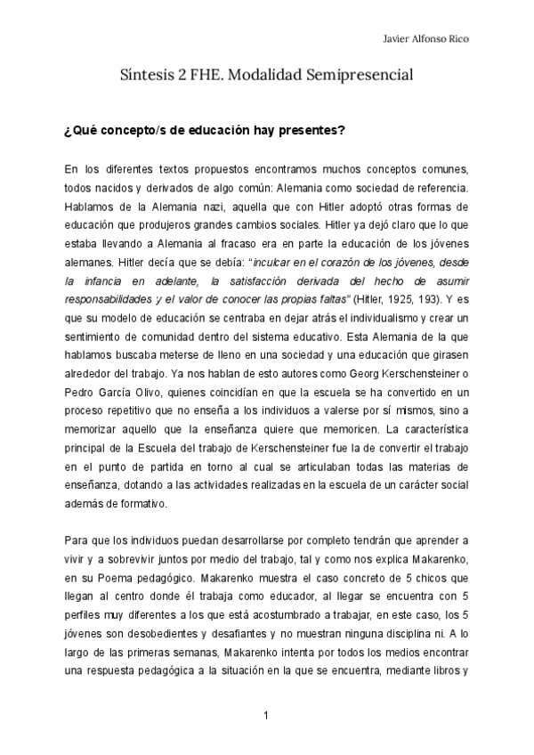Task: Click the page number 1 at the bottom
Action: pyautogui.click(x=266, y=714)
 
